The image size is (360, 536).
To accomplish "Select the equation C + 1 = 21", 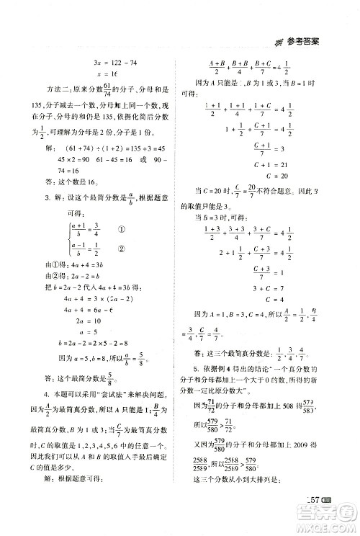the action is [x=266, y=162].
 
